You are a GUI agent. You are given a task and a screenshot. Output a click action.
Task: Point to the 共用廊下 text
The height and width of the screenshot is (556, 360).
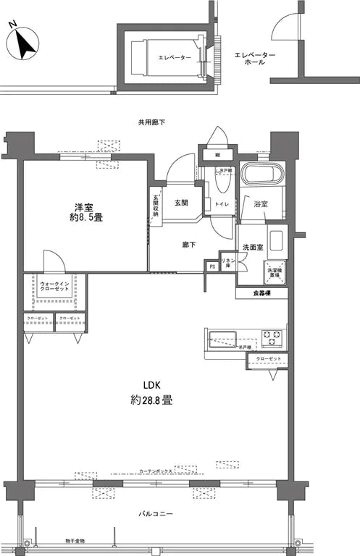point(151,122)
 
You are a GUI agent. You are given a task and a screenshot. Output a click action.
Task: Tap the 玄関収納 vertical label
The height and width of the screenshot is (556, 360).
point(155,205)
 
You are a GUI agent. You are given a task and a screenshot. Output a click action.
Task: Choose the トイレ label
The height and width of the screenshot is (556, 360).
point(222,205)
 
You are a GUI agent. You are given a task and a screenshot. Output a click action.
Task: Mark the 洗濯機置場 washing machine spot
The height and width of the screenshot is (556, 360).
point(275,271)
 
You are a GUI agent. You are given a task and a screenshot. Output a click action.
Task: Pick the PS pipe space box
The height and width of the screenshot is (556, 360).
point(212,266)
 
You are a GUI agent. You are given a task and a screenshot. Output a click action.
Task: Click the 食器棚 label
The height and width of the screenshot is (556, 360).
point(261,293)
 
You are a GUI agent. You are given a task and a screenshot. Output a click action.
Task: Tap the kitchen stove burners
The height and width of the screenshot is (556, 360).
point(272,337)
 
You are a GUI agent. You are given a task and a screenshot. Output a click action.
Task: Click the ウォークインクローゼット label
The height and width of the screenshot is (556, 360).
point(55,286)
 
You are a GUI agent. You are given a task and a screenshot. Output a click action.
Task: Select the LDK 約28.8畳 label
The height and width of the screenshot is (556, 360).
point(151,392)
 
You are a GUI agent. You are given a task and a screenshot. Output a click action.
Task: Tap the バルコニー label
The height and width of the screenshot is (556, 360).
point(156,513)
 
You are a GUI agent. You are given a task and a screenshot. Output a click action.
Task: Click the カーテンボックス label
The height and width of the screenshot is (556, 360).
point(156,471)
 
